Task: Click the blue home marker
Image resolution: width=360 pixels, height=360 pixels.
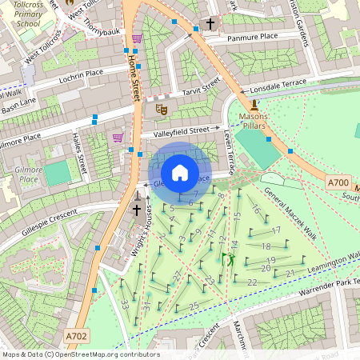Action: coord(180,173)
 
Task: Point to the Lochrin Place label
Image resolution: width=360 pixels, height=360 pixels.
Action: coord(82,76)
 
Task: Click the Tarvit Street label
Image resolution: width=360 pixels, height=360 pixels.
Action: coord(199,91)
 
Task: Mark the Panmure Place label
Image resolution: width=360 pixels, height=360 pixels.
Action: coord(252,37)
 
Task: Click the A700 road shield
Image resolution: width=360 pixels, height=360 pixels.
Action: coord(338,183)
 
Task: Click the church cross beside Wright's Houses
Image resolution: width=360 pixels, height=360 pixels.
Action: coord(136,210)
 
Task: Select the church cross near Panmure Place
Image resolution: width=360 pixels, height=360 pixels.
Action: coord(210,24)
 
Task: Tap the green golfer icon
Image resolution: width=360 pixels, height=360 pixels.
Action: coord(228,259)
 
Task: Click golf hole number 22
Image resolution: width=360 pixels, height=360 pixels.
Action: coord(252,282)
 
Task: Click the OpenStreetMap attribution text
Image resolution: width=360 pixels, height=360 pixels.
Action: coord(80,354)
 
